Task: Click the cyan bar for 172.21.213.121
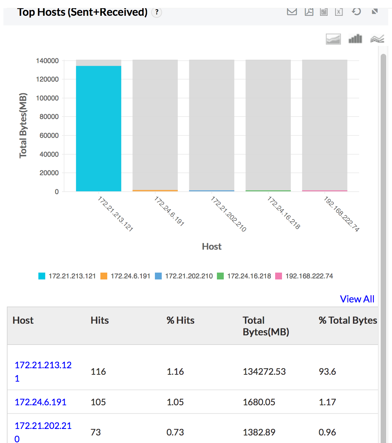click(x=98, y=129)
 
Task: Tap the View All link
click(x=357, y=299)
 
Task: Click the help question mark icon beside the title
click(x=157, y=12)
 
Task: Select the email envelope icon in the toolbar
click(x=292, y=12)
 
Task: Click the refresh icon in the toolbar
click(x=356, y=12)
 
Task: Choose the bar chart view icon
click(x=355, y=39)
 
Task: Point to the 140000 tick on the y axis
click(x=47, y=61)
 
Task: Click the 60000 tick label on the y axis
click(x=49, y=135)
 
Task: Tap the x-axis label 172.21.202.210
click(x=228, y=214)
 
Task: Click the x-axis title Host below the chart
click(x=211, y=247)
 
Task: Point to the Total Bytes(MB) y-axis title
click(x=23, y=125)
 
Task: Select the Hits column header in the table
click(x=100, y=320)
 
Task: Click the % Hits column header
click(x=180, y=320)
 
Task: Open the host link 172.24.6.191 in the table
click(x=40, y=402)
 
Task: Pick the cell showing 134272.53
click(x=264, y=372)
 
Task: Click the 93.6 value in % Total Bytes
click(x=327, y=372)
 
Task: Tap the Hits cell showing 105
click(x=98, y=402)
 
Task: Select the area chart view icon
click(x=333, y=39)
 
